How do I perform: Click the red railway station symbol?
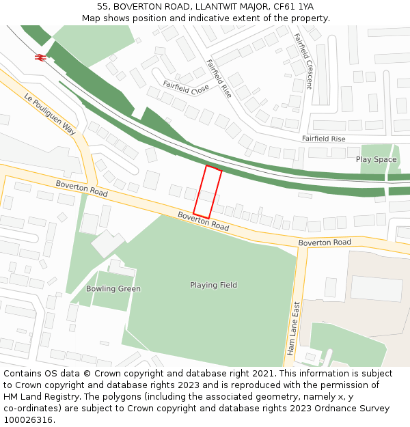pos(40,57)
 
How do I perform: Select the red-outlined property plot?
pos(207,192)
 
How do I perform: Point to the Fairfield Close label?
pos(186,87)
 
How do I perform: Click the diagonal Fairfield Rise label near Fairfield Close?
pos(219,78)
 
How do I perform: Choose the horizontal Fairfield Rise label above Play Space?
pos(323,139)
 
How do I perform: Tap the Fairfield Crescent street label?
pos(303,61)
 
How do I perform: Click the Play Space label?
pos(376,159)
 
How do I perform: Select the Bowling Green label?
pos(113,288)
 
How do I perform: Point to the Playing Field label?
pos(213,285)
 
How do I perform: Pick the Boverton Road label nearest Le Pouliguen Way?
pos(81,189)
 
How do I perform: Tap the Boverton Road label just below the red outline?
pos(203,221)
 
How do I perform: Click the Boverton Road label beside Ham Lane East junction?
pos(325,243)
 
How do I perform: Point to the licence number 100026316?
pos(28,419)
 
